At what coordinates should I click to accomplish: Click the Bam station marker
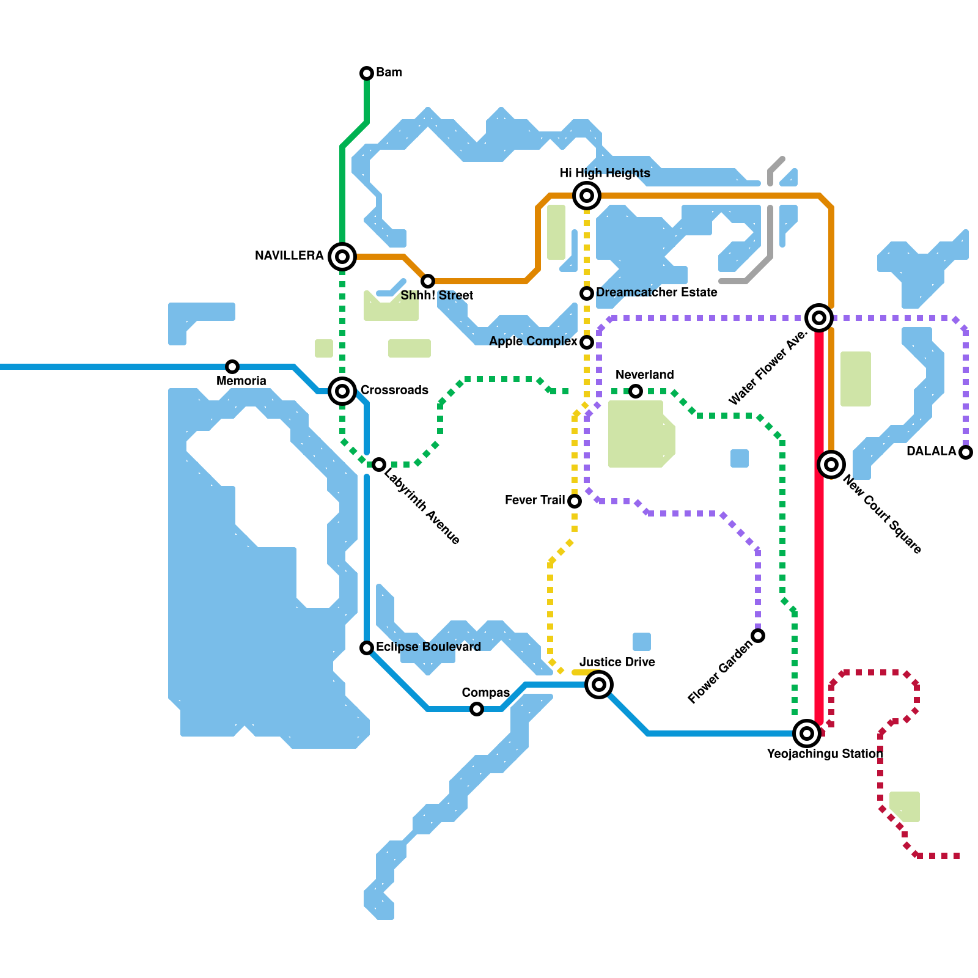[x=367, y=73]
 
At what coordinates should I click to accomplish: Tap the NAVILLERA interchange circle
[x=342, y=257]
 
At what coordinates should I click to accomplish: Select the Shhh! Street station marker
[x=428, y=281]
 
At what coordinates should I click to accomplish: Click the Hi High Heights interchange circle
[x=587, y=196]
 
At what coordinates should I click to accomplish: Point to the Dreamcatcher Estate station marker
[x=587, y=293]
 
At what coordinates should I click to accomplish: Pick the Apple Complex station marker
[x=587, y=342]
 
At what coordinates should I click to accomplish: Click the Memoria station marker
[x=232, y=367]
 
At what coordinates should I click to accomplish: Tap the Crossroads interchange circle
[x=342, y=391]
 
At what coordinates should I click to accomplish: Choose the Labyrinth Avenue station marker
[x=379, y=465]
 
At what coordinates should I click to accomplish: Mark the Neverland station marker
[x=636, y=391]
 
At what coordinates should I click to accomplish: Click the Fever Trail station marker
[x=575, y=501]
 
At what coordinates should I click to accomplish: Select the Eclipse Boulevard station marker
[x=367, y=648]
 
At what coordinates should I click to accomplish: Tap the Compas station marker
[x=477, y=709]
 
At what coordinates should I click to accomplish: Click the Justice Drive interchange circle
[x=599, y=685]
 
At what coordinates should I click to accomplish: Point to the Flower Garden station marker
[x=758, y=636]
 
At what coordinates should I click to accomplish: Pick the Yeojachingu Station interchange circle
[x=807, y=733]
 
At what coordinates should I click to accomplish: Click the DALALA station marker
[x=966, y=452]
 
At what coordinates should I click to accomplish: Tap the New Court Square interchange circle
[x=831, y=465]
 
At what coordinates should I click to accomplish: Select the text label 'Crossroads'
[x=394, y=390]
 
